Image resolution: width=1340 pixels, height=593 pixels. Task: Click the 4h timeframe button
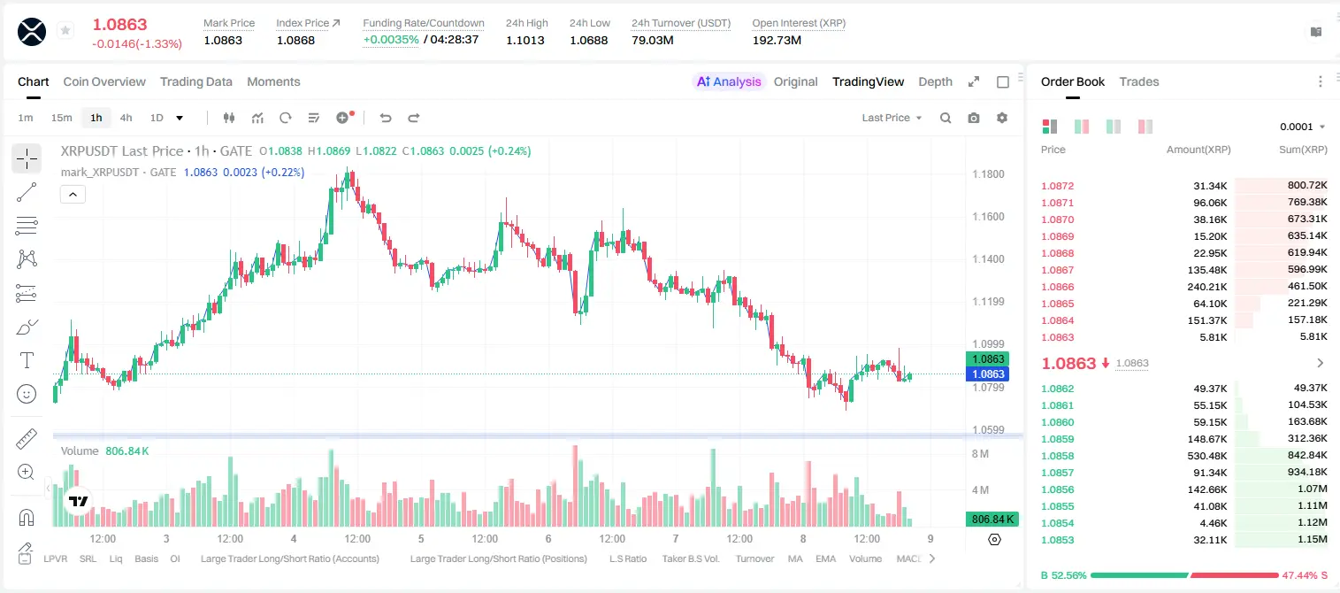(x=126, y=118)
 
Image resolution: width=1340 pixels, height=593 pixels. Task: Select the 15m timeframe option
(x=61, y=118)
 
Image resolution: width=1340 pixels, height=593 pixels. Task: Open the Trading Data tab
(x=195, y=81)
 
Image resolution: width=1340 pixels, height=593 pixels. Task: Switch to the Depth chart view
(x=935, y=81)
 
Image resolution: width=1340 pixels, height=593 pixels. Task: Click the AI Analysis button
(x=729, y=81)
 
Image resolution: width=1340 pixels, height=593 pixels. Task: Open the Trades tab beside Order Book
(x=1139, y=81)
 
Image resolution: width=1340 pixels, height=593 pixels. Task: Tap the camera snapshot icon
(x=974, y=118)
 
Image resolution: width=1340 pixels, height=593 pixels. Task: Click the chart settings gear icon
(x=1002, y=118)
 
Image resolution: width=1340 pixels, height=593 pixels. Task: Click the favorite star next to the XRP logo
(x=65, y=30)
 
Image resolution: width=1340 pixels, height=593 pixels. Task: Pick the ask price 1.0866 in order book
(x=1058, y=287)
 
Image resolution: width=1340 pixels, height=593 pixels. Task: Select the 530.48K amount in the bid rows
(x=1207, y=456)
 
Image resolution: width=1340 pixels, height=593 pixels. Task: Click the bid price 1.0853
(x=1058, y=540)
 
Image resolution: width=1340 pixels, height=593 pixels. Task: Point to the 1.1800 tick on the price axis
(x=988, y=174)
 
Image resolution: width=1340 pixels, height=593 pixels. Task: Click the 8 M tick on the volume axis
(x=981, y=453)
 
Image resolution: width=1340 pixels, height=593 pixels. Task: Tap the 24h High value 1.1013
(x=525, y=40)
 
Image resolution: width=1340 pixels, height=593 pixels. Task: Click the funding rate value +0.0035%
(x=391, y=40)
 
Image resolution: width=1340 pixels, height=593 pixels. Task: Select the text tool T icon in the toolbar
(x=27, y=360)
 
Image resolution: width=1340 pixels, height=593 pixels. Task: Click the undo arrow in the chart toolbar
(x=386, y=118)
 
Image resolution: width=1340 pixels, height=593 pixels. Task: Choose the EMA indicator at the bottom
(x=825, y=558)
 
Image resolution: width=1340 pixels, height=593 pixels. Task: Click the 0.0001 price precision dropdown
(x=1302, y=127)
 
